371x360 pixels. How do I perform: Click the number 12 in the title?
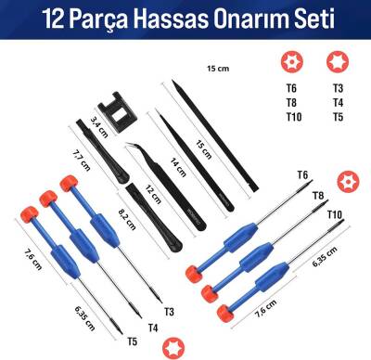tap(53, 19)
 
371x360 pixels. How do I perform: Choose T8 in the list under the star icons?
tap(290, 104)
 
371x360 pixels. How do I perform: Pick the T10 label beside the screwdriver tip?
tap(334, 215)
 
